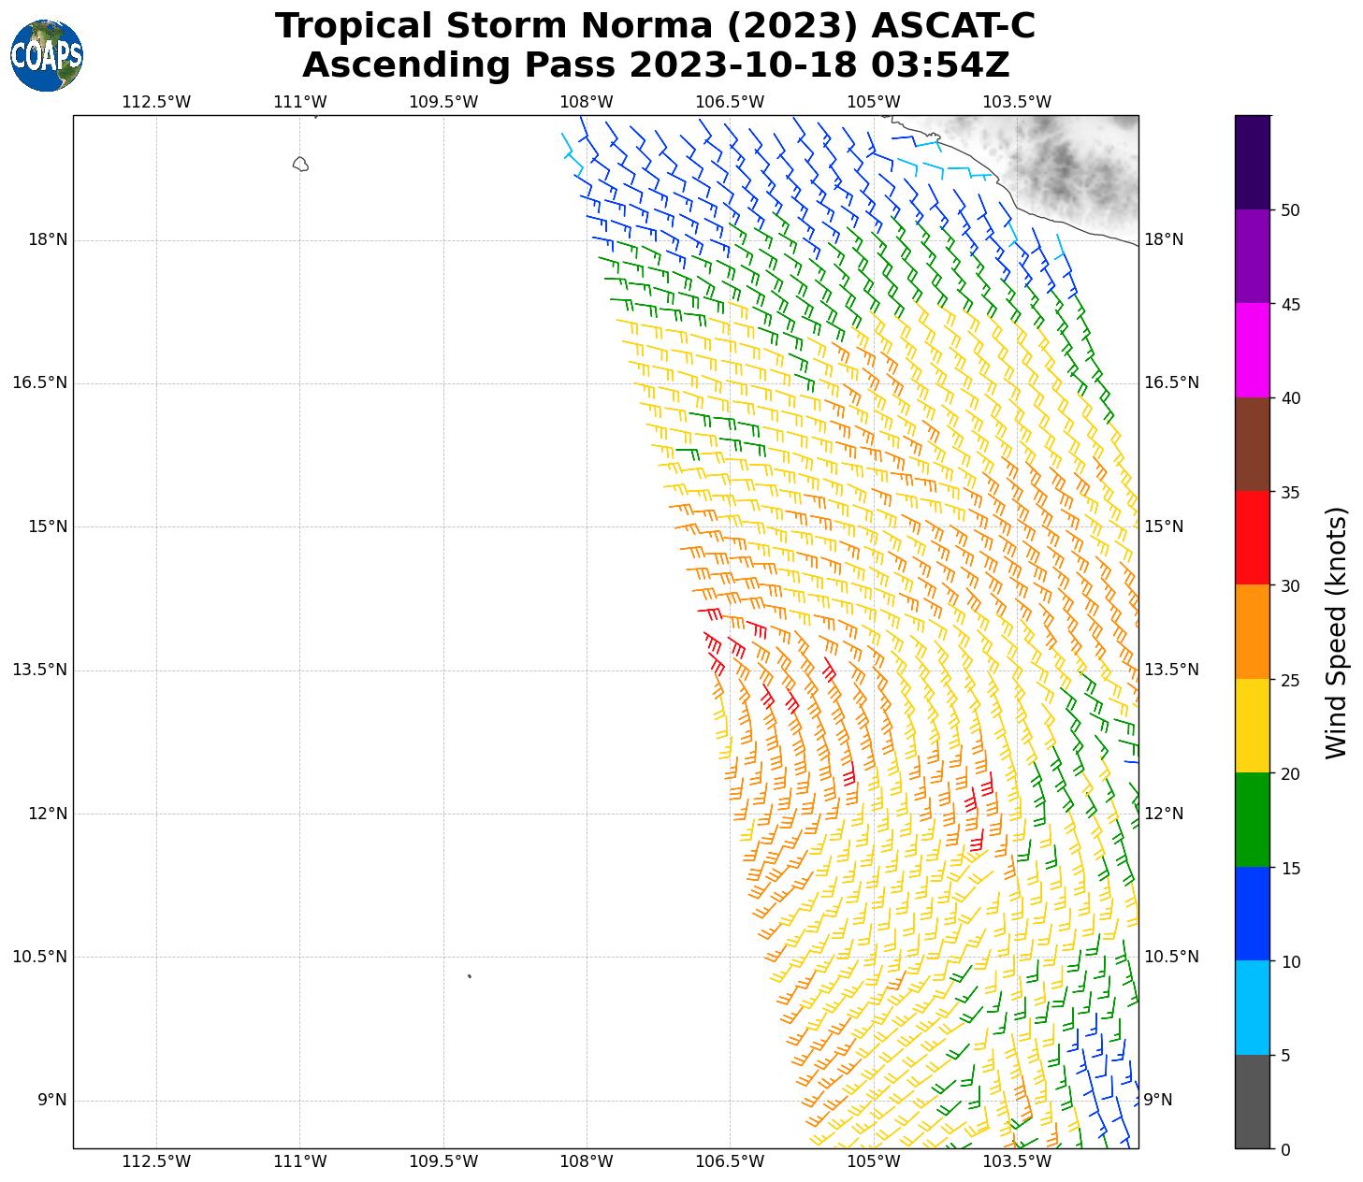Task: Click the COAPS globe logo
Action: click(x=47, y=56)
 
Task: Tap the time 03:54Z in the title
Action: click(x=940, y=65)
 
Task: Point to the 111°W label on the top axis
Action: click(x=300, y=102)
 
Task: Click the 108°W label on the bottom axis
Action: click(x=587, y=1161)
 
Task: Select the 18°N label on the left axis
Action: click(x=48, y=239)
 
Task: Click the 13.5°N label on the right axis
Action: click(x=1171, y=670)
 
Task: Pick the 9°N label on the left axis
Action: click(x=52, y=1100)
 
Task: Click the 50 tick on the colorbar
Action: click(x=1290, y=210)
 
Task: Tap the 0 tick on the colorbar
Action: click(x=1285, y=1149)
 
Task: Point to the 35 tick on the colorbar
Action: click(x=1290, y=492)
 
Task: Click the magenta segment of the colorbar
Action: click(x=1253, y=351)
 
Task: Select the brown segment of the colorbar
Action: click(x=1253, y=444)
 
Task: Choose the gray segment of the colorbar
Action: click(x=1253, y=1102)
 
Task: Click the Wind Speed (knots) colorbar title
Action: click(x=1337, y=633)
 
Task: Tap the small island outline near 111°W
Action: click(x=300, y=165)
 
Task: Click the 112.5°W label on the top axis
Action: click(x=156, y=102)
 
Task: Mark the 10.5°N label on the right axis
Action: click(x=1171, y=957)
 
